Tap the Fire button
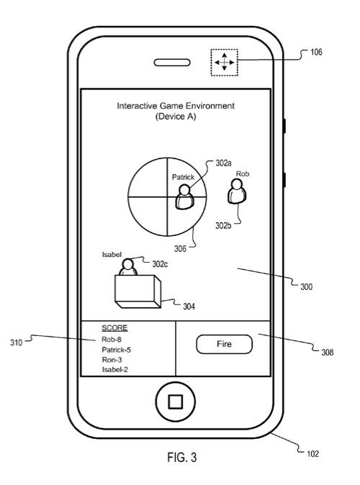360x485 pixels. [224, 344]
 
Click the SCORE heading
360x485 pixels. [114, 328]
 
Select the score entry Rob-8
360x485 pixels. [112, 340]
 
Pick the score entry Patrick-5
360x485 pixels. [117, 350]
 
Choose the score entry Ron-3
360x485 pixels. [112, 360]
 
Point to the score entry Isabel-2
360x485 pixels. [115, 369]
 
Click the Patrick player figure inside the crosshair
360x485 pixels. [184, 196]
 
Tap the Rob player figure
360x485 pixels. [237, 192]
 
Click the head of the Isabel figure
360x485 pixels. [128, 265]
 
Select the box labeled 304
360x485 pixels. [138, 291]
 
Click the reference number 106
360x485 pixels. [316, 52]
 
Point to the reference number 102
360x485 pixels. [312, 454]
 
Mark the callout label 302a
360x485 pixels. [223, 163]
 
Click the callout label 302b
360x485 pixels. [223, 225]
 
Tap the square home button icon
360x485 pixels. [175, 402]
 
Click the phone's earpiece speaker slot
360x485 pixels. [172, 63]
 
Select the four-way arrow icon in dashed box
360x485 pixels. [225, 62]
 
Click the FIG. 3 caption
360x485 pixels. [182, 457]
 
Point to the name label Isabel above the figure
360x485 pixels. [112, 255]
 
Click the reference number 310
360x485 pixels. [16, 343]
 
